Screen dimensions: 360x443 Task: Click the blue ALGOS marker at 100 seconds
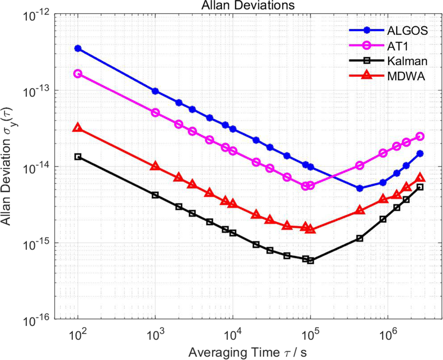pyautogui.click(x=78, y=49)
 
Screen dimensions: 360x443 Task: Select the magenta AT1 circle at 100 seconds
pyautogui.click(x=78, y=74)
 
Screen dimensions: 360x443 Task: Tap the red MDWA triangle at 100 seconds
pyautogui.click(x=78, y=128)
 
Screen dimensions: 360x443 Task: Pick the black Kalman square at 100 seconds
pyautogui.click(x=78, y=157)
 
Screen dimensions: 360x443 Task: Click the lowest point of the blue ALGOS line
pyautogui.click(x=360, y=188)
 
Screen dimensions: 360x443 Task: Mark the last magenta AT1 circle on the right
pyautogui.click(x=420, y=136)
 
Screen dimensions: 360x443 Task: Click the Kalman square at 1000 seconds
pyautogui.click(x=155, y=195)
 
